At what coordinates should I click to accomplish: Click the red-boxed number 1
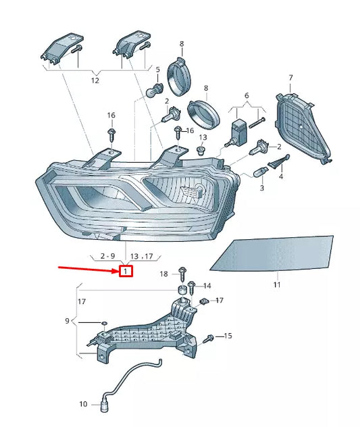[126, 272]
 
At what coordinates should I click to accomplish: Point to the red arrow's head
[115, 271]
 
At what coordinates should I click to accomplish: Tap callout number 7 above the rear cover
[290, 78]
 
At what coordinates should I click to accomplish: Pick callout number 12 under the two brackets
[95, 80]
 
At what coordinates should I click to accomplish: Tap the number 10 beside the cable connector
[83, 405]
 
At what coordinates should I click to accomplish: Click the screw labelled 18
[182, 272]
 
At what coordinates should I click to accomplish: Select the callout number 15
[228, 336]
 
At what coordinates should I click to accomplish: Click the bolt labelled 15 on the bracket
[210, 336]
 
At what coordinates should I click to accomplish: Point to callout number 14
[207, 286]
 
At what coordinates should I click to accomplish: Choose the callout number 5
[157, 70]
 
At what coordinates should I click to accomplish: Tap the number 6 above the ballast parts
[247, 96]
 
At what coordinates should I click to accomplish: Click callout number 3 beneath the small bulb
[261, 189]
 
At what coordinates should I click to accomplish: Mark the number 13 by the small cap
[203, 137]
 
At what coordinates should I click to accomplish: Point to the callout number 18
[163, 274]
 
